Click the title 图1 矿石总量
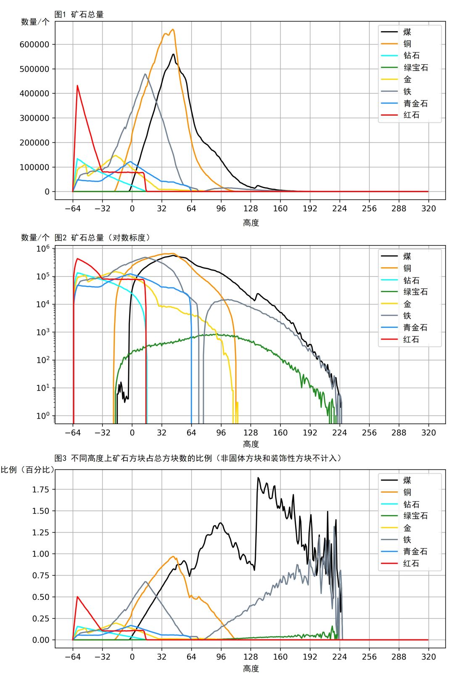[79, 14]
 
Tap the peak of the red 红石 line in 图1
[77, 86]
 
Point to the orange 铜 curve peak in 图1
[173, 29]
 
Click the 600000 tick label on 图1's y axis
[34, 44]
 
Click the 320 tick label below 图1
[428, 209]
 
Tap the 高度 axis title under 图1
[251, 223]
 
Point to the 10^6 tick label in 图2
[42, 249]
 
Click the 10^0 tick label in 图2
[42, 416]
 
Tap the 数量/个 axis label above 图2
[35, 238]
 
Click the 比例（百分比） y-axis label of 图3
[28, 470]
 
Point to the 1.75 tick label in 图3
[41, 489]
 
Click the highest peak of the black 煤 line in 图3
[258, 478]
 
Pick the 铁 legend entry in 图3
[407, 540]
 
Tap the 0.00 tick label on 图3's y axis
[41, 640]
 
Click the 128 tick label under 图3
[251, 657]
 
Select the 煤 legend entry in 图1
[407, 32]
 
